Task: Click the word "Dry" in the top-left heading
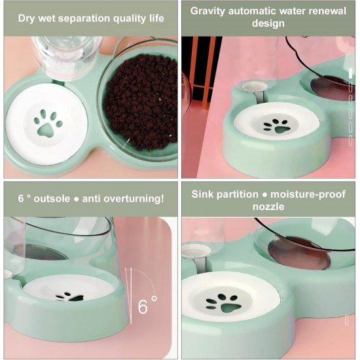tap(26, 18)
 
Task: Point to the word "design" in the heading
tap(268, 24)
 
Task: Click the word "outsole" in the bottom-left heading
tap(52, 198)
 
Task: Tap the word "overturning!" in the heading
tap(134, 199)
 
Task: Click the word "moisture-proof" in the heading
tap(308, 194)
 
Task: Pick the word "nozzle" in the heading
tap(268, 207)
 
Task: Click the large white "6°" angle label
tap(147, 305)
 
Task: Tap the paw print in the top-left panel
tap(48, 123)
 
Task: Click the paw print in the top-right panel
tap(277, 126)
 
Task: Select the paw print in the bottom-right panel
tap(224, 304)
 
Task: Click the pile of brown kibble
tap(141, 102)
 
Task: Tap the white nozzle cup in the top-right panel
tap(255, 86)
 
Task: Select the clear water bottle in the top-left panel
tap(67, 58)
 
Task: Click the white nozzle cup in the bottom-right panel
tap(196, 251)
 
